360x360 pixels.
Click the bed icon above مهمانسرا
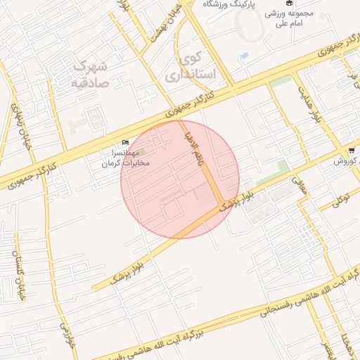[x=126, y=143]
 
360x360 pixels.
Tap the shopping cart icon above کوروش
[x=351, y=150]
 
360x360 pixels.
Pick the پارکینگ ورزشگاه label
[x=230, y=5]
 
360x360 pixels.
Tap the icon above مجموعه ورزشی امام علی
[x=288, y=3]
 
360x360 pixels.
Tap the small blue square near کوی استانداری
[x=244, y=55]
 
